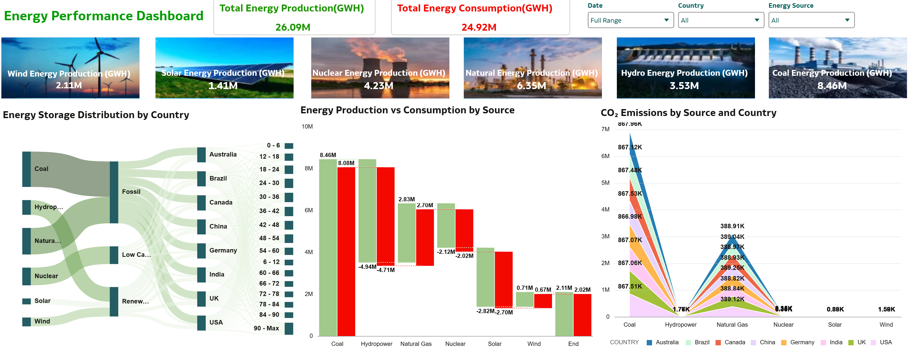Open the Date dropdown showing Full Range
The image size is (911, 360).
[630, 20]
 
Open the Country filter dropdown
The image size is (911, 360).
[720, 20]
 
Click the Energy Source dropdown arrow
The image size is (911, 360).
[847, 20]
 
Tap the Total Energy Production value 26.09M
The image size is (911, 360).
[293, 27]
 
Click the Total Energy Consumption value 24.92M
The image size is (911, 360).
[479, 27]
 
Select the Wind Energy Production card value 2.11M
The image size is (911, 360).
[69, 85]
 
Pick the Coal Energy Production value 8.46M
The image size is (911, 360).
[832, 86]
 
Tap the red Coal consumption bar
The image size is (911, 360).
[346, 251]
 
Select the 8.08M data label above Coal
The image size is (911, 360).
[346, 163]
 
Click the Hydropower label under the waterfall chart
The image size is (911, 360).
[376, 344]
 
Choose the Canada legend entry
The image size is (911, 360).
[734, 342]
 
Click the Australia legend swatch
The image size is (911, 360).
[649, 343]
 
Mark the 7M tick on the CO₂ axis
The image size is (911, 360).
[605, 129]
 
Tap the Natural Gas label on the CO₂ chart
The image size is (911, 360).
[732, 325]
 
